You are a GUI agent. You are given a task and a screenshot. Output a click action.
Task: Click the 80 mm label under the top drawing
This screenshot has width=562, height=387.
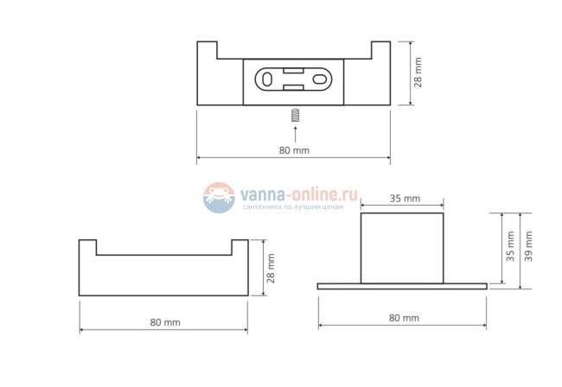294,150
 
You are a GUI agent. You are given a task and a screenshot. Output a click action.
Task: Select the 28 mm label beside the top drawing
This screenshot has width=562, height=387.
418,73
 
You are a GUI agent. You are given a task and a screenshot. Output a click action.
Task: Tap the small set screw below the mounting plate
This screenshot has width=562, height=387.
295,114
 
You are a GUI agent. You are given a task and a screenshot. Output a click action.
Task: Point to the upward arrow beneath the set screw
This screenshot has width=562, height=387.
295,132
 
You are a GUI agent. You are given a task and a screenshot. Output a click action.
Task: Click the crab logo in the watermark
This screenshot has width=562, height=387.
220,198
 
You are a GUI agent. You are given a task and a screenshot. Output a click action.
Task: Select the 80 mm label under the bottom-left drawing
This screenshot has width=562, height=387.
164,322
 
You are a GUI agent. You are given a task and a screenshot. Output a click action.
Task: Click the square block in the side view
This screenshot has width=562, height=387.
403,248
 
